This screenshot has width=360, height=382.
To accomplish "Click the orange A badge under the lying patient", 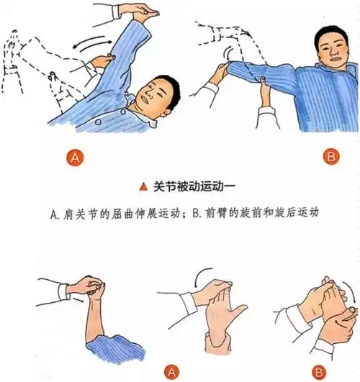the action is click(75, 158).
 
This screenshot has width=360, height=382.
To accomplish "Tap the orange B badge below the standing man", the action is click(331, 156).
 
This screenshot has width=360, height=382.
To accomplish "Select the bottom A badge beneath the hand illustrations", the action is click(171, 372).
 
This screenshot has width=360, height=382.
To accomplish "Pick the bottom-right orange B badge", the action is click(319, 372).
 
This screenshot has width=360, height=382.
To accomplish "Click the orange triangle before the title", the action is click(144, 187).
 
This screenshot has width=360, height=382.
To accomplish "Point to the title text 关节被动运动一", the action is click(194, 187).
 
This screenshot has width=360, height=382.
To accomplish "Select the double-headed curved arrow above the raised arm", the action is click(93, 43).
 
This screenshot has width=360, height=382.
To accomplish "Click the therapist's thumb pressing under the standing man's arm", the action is click(263, 80).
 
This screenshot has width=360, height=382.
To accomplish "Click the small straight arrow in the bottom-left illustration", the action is click(79, 299).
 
